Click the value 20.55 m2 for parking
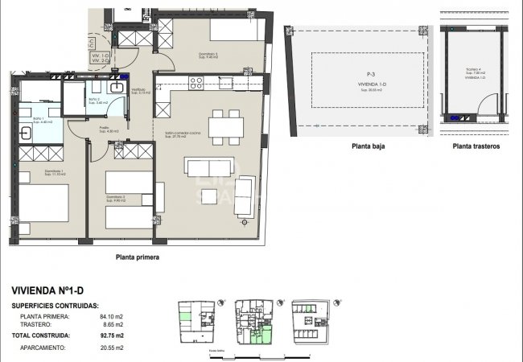coord(110,348)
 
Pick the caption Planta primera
coord(137,257)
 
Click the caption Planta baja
coord(364,147)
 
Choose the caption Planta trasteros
coord(476,147)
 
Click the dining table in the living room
coord(226,126)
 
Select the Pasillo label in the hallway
coord(103,127)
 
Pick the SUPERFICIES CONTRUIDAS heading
coord(56,306)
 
